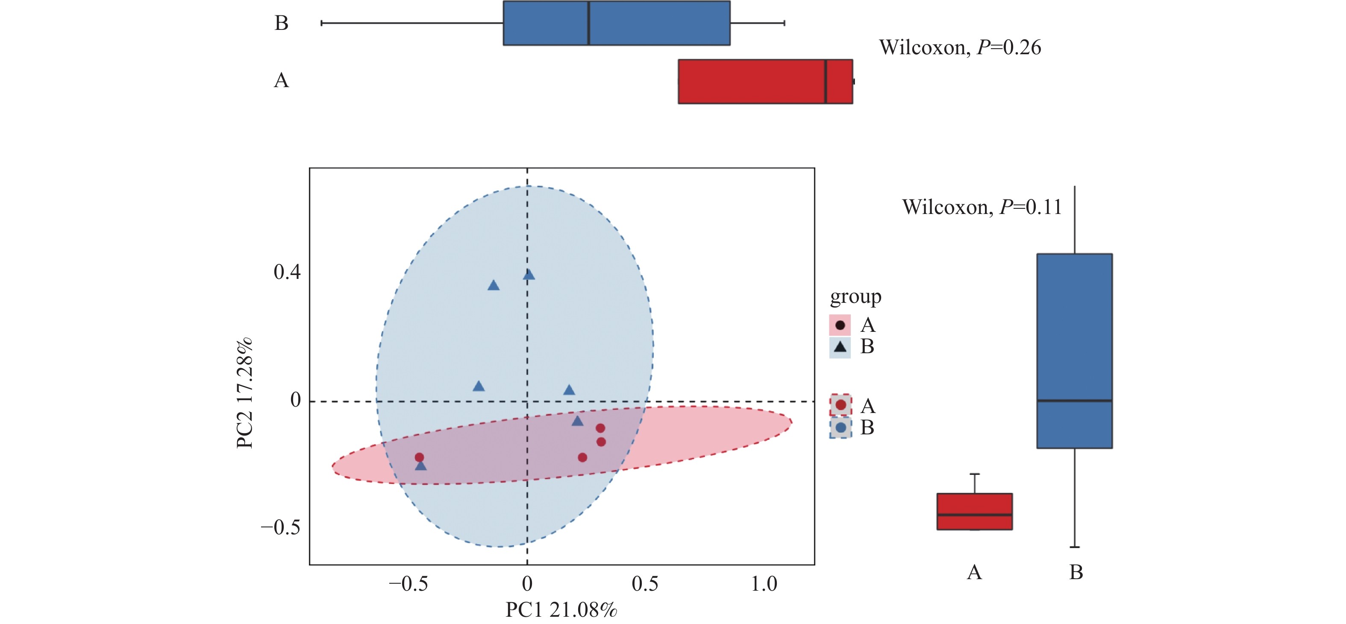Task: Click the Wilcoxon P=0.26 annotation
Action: point(960,47)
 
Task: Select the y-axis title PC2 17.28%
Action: point(244,393)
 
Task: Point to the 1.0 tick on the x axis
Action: point(764,584)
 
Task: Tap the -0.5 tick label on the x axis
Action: point(408,584)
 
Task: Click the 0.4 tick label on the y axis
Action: point(287,272)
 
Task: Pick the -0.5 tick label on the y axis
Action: point(281,527)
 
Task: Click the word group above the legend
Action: point(855,296)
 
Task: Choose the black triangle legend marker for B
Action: point(840,347)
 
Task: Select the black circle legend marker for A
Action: point(840,325)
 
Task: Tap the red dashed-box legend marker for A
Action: point(840,405)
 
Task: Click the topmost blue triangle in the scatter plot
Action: point(529,275)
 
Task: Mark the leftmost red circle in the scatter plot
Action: point(419,457)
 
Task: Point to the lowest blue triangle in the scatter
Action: point(420,465)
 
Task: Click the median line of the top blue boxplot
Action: point(589,23)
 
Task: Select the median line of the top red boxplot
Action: point(825,82)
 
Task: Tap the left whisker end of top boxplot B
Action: point(322,23)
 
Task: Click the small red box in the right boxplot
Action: point(975,512)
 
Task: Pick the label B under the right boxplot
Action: point(1076,572)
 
